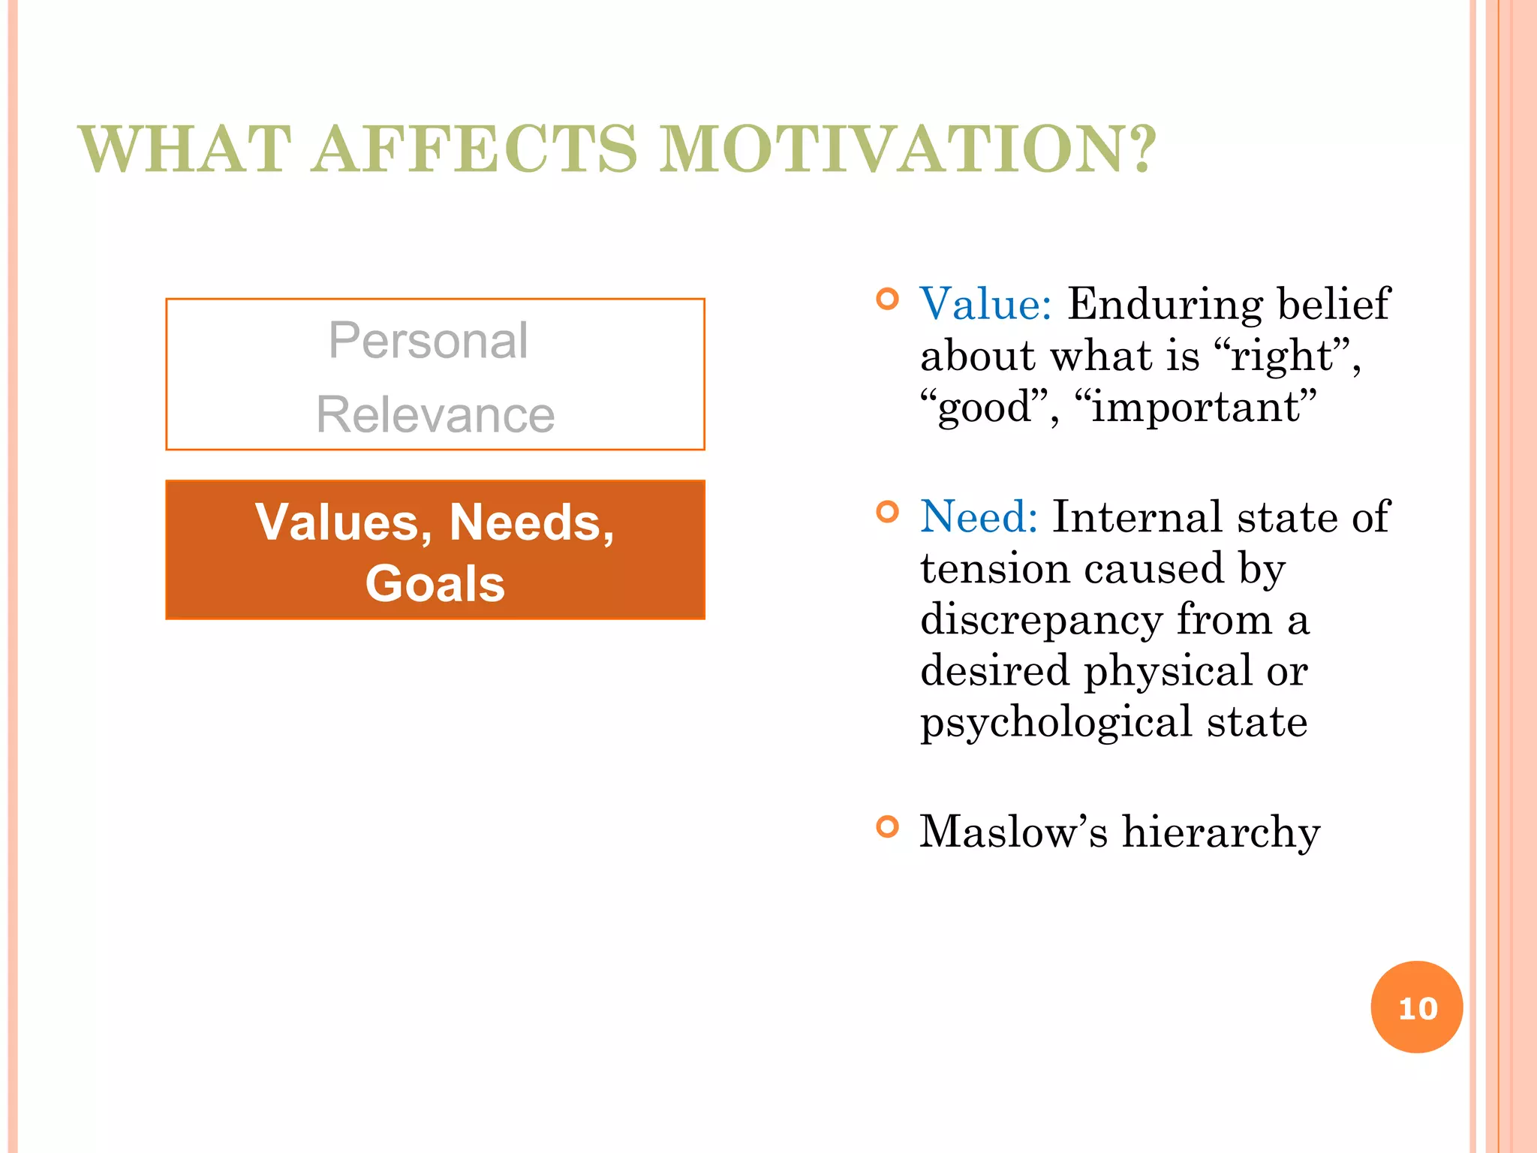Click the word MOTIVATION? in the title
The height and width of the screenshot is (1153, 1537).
[908, 149]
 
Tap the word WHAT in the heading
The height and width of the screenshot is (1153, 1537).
[185, 149]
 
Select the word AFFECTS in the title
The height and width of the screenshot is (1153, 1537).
[474, 149]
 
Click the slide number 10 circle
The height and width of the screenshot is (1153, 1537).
[1416, 1007]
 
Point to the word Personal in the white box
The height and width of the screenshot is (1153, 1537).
[429, 341]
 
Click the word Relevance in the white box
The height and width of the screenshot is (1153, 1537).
[435, 414]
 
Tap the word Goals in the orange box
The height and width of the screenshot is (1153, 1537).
[435, 584]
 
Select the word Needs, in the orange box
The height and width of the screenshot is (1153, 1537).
[531, 522]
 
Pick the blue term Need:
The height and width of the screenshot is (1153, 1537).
[979, 517]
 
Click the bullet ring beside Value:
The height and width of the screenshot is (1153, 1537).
[887, 300]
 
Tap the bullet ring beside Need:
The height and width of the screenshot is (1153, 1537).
[887, 513]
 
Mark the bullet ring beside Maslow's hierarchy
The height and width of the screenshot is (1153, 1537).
[887, 827]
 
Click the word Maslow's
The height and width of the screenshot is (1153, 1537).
[1013, 832]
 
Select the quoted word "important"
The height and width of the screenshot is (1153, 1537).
[1195, 407]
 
